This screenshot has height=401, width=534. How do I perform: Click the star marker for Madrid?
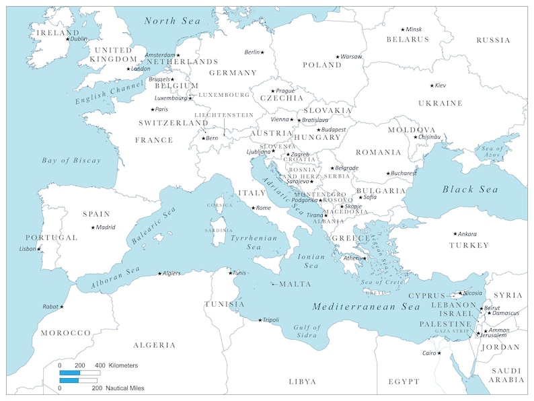click(93, 227)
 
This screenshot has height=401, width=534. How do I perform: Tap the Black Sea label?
click(470, 190)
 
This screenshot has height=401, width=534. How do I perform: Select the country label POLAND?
click(322, 65)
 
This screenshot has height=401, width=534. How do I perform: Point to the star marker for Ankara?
click(455, 233)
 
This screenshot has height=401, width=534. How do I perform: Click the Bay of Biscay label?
click(71, 161)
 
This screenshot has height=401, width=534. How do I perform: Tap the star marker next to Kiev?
click(432, 85)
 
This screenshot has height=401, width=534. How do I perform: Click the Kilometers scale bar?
click(79, 372)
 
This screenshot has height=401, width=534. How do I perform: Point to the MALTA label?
click(295, 284)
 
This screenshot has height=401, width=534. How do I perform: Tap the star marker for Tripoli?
click(260, 320)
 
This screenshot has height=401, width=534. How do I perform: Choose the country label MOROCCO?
click(65, 333)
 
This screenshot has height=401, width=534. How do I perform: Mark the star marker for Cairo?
click(439, 353)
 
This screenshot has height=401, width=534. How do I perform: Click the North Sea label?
click(173, 22)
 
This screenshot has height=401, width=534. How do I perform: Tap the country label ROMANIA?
click(379, 152)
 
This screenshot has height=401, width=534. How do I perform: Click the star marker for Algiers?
click(159, 273)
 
